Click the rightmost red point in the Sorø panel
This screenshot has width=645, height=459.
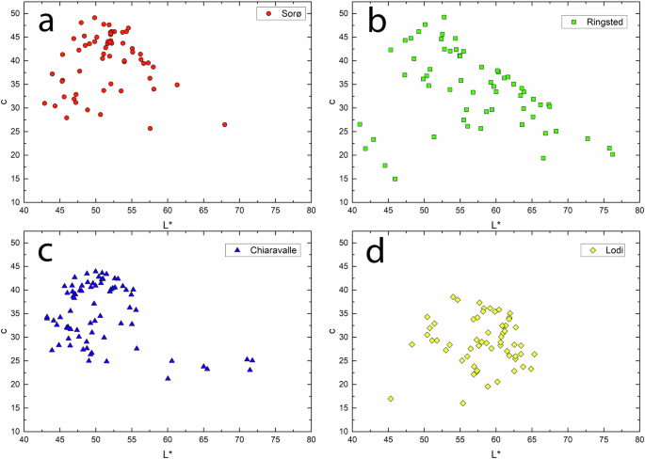pyautogui.click(x=224, y=124)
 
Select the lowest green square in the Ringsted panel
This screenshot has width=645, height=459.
pyautogui.click(x=395, y=179)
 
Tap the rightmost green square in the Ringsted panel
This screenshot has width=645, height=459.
pyautogui.click(x=612, y=153)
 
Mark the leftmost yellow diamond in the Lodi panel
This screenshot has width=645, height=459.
pyautogui.click(x=391, y=398)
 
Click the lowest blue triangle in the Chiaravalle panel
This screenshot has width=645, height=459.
pyautogui.click(x=168, y=378)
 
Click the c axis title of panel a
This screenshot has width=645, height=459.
pyautogui.click(x=7, y=106)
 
